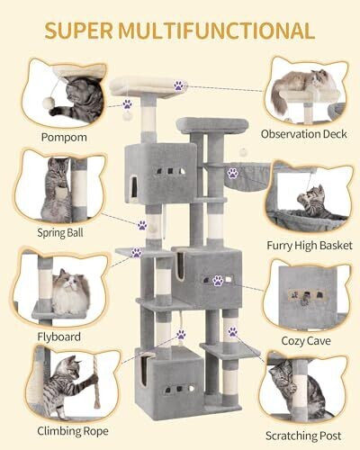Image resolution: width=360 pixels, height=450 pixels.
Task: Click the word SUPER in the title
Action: point(79,31)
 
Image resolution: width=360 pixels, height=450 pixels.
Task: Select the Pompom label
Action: point(64,138)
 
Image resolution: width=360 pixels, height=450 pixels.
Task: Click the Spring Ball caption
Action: point(60,233)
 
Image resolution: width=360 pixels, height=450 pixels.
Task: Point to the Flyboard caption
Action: point(59,337)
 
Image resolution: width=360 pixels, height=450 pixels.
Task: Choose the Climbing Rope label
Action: point(73,431)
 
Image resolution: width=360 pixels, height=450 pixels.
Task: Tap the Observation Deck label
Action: point(303,134)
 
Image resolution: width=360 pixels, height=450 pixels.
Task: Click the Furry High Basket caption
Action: point(310,246)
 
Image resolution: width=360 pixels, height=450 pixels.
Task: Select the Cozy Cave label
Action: point(306,341)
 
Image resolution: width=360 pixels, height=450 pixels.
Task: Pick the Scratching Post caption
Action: point(303,436)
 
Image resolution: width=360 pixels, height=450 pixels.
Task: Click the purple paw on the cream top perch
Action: point(179,85)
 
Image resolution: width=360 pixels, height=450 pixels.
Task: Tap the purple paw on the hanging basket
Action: point(232,173)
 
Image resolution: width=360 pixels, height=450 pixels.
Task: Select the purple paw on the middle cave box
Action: point(218,281)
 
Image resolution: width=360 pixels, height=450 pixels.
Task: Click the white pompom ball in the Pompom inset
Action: point(47,103)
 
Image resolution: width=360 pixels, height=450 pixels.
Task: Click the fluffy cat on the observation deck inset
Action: point(300,85)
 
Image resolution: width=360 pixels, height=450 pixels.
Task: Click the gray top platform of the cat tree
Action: point(212,125)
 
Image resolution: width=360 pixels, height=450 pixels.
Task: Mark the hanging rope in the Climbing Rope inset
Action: point(95,382)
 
